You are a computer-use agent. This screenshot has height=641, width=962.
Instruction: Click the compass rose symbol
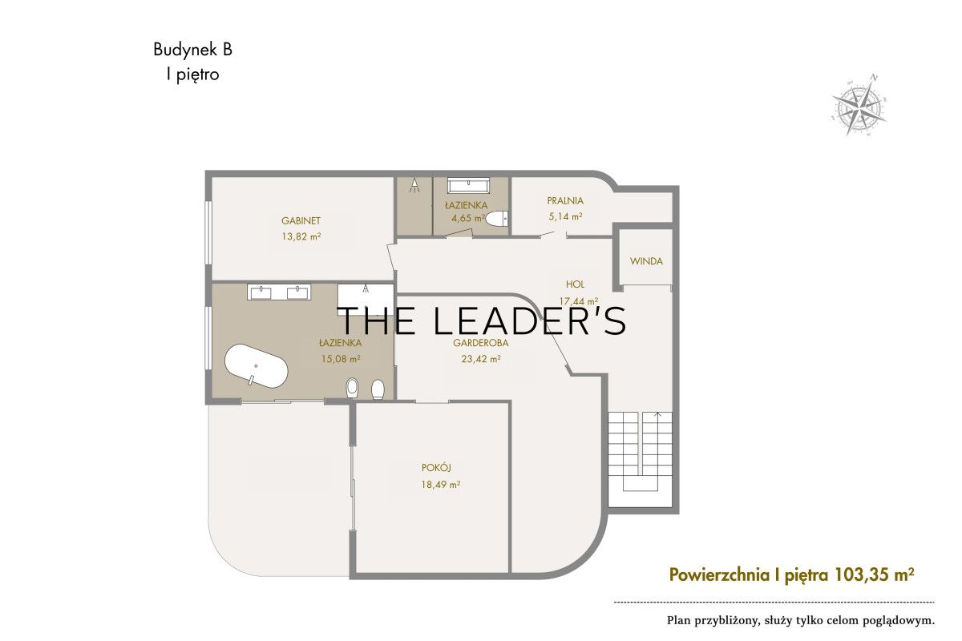[859, 105]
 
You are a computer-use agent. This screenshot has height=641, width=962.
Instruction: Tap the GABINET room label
[301, 220]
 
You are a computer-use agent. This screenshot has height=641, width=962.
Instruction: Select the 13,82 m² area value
[301, 236]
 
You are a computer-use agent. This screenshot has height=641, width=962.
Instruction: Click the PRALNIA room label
[565, 200]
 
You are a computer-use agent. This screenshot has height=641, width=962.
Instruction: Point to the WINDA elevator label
[646, 261]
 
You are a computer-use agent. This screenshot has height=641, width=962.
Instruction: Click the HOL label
[575, 284]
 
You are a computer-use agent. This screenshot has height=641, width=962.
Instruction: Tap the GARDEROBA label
[480, 343]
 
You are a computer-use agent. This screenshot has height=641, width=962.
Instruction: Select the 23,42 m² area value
[480, 358]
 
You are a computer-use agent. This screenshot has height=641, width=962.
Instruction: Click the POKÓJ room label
[436, 468]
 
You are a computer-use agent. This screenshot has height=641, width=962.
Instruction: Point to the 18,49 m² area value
[441, 485]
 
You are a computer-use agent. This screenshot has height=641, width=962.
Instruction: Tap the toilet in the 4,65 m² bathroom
[497, 218]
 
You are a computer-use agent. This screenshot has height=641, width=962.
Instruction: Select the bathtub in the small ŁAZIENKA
[468, 185]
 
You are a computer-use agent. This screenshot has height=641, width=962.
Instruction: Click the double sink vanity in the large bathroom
[279, 292]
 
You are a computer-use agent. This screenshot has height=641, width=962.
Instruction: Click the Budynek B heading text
[193, 50]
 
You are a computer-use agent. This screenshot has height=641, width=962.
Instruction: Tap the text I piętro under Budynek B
[193, 75]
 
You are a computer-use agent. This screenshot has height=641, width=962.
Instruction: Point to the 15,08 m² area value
[341, 358]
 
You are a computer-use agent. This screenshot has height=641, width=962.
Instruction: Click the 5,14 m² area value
[565, 216]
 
